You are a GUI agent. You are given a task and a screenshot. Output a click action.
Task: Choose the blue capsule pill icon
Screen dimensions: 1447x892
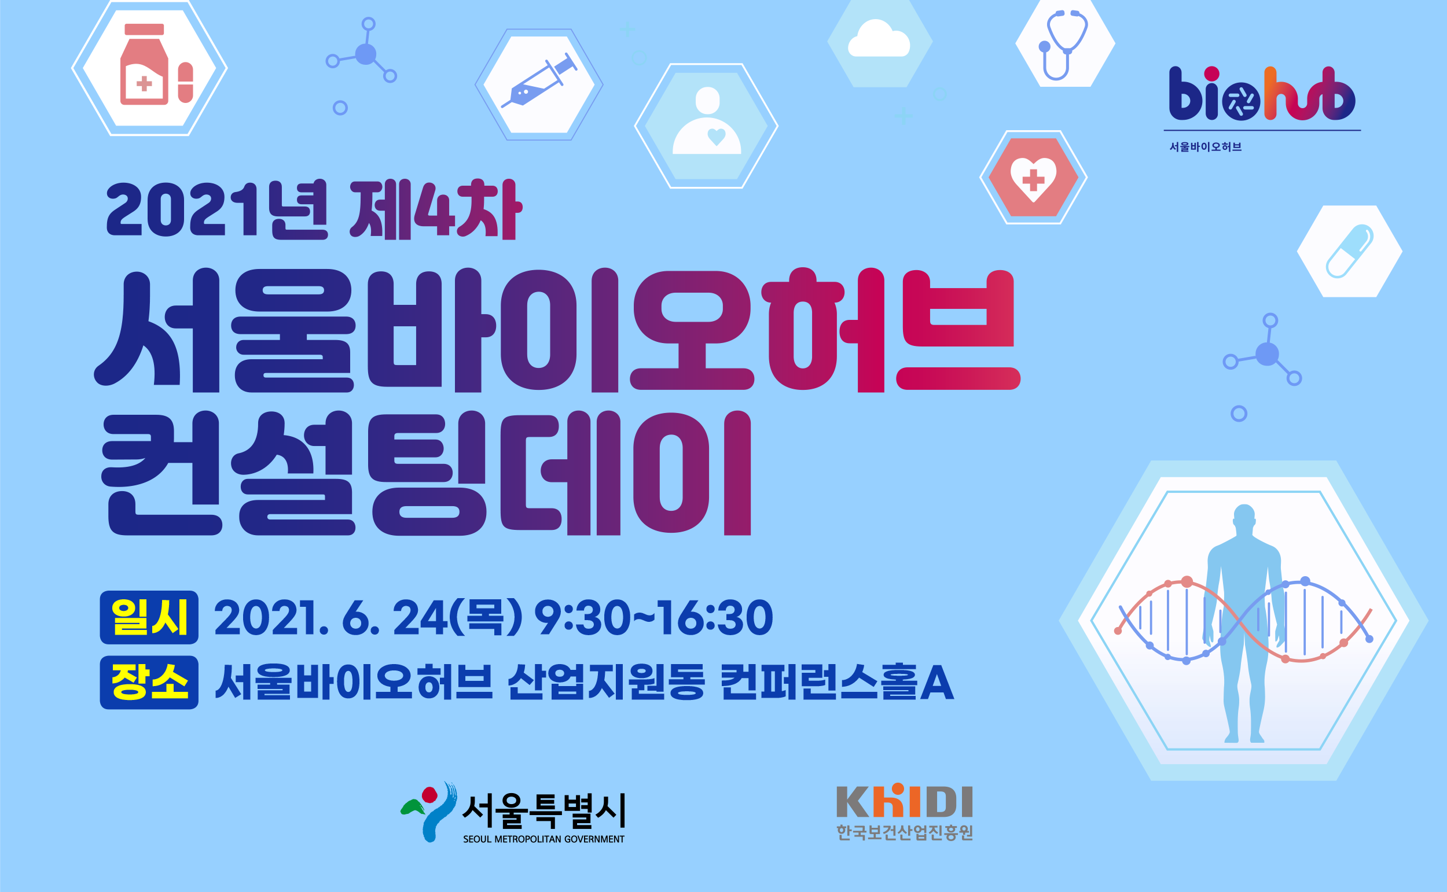pyautogui.click(x=1350, y=251)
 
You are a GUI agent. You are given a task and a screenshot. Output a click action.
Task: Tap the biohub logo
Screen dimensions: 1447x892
pyautogui.click(x=1262, y=94)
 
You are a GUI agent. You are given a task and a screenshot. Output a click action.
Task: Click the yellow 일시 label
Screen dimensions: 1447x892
pyautogui.click(x=149, y=618)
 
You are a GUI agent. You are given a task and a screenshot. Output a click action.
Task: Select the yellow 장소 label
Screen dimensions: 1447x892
pyautogui.click(x=149, y=683)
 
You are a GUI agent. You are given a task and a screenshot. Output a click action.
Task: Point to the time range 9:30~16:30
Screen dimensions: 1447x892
pyautogui.click(x=653, y=618)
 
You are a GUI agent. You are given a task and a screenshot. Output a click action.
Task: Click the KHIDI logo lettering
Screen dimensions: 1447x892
pyautogui.click(x=905, y=801)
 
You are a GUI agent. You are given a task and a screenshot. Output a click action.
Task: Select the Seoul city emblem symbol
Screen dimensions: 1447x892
pyautogui.click(x=429, y=812)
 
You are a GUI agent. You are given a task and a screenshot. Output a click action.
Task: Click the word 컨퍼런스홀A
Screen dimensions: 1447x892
pyautogui.click(x=837, y=683)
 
